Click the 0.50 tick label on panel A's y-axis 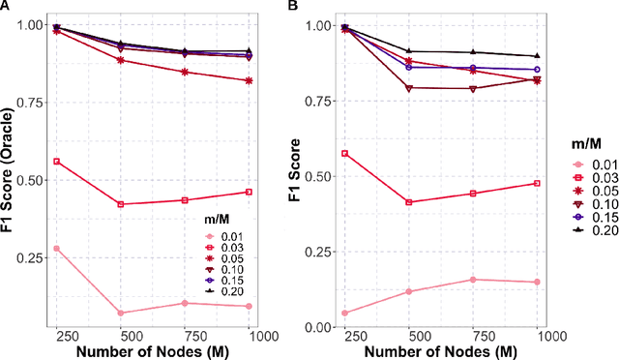(30, 180)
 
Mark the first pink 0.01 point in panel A (56, 249)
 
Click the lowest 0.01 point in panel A (121, 313)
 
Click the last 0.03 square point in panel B (537, 183)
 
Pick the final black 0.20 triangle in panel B (537, 56)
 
